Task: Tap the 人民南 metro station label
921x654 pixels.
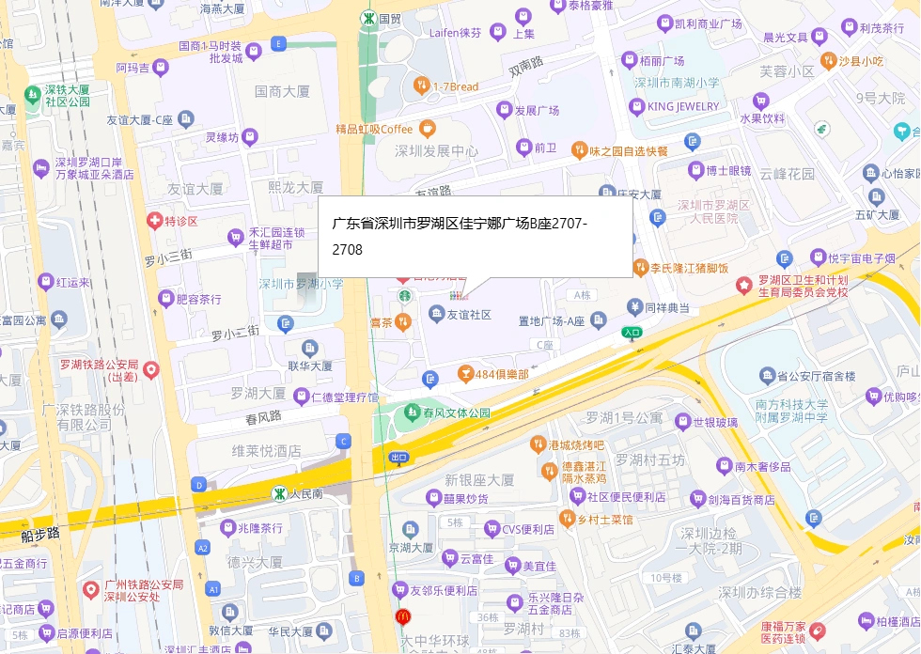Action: pyautogui.click(x=306, y=492)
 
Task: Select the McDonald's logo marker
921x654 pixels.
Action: pyautogui.click(x=403, y=617)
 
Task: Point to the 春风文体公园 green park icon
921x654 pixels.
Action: pyautogui.click(x=411, y=413)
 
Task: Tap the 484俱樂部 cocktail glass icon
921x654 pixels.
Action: pyautogui.click(x=464, y=375)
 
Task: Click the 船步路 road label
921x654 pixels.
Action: pyautogui.click(x=39, y=534)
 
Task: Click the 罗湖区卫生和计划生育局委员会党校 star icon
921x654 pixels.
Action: pyautogui.click(x=743, y=283)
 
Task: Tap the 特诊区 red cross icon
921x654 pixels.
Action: pyautogui.click(x=153, y=222)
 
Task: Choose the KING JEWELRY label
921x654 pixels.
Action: pyautogui.click(x=683, y=106)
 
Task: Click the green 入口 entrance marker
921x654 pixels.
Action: pyautogui.click(x=632, y=332)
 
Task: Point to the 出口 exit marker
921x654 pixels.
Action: pyautogui.click(x=398, y=458)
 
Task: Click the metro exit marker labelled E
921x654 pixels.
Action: pyautogui.click(x=277, y=43)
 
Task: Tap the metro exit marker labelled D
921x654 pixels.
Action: pyautogui.click(x=198, y=485)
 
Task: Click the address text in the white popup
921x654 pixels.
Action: pyautogui.click(x=460, y=237)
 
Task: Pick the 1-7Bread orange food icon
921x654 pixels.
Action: pyautogui.click(x=422, y=86)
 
